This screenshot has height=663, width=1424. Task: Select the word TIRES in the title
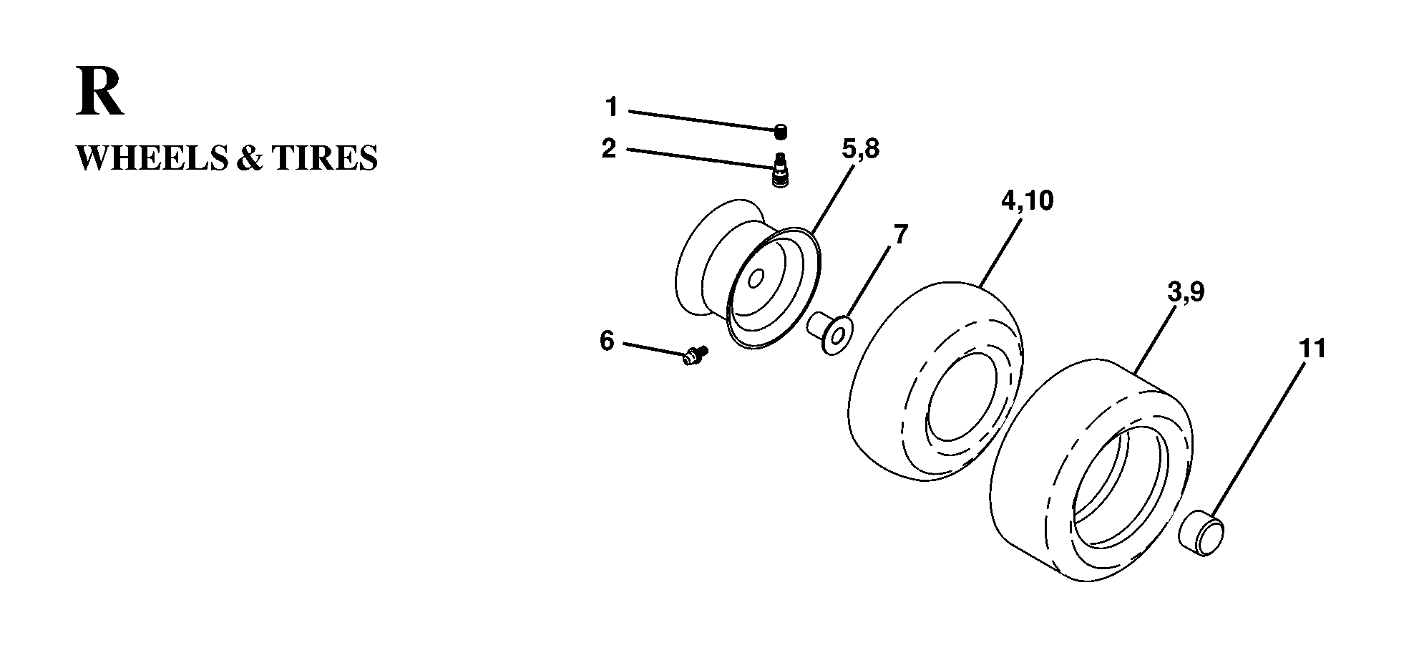point(324,158)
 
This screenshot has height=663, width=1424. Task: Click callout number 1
point(611,107)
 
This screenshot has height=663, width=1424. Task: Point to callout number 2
point(609,149)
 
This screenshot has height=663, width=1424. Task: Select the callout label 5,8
point(861,150)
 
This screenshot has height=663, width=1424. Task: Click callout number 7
point(900,233)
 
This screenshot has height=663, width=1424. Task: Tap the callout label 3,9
point(1186,292)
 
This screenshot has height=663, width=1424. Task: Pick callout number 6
point(607,342)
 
